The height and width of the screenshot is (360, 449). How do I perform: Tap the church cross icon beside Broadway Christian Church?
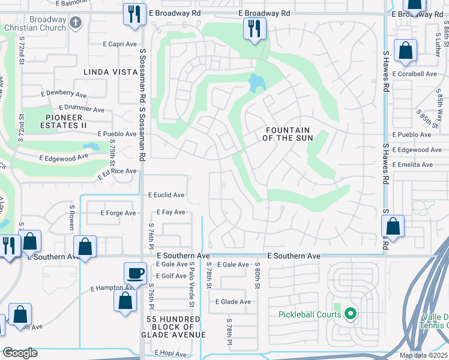pyautogui.click(x=75, y=23)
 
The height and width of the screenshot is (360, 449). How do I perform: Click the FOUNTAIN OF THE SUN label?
pyautogui.click(x=288, y=134)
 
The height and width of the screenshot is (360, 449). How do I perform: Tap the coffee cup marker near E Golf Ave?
pyautogui.click(x=134, y=273)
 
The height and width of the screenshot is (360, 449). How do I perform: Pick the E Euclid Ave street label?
pyautogui.click(x=166, y=195)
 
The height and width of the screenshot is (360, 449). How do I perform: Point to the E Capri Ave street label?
pyautogui.click(x=120, y=44)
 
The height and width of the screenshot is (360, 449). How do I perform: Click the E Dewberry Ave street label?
pyautogui.click(x=64, y=94)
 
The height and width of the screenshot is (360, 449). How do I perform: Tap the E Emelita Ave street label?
pyautogui.click(x=412, y=164)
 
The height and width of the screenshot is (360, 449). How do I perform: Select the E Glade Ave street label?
pyautogui.click(x=233, y=302)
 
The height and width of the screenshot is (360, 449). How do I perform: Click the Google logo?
pyautogui.click(x=20, y=353)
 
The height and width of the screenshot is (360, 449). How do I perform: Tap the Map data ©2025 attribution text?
pyautogui.click(x=423, y=355)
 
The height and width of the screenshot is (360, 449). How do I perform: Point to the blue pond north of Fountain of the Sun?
pyautogui.click(x=256, y=83)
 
